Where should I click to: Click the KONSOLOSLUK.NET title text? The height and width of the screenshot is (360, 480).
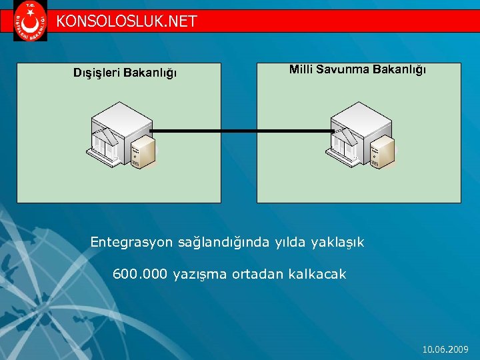click(127, 21)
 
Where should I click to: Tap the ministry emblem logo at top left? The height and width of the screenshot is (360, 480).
click(31, 21)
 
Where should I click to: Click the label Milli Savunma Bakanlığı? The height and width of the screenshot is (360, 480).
click(357, 69)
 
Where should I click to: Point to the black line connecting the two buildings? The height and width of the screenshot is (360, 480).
click(243, 131)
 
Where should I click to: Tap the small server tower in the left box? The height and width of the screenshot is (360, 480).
click(143, 152)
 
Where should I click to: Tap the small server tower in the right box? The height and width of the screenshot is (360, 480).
click(383, 152)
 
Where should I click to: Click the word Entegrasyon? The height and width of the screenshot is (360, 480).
click(132, 242)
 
